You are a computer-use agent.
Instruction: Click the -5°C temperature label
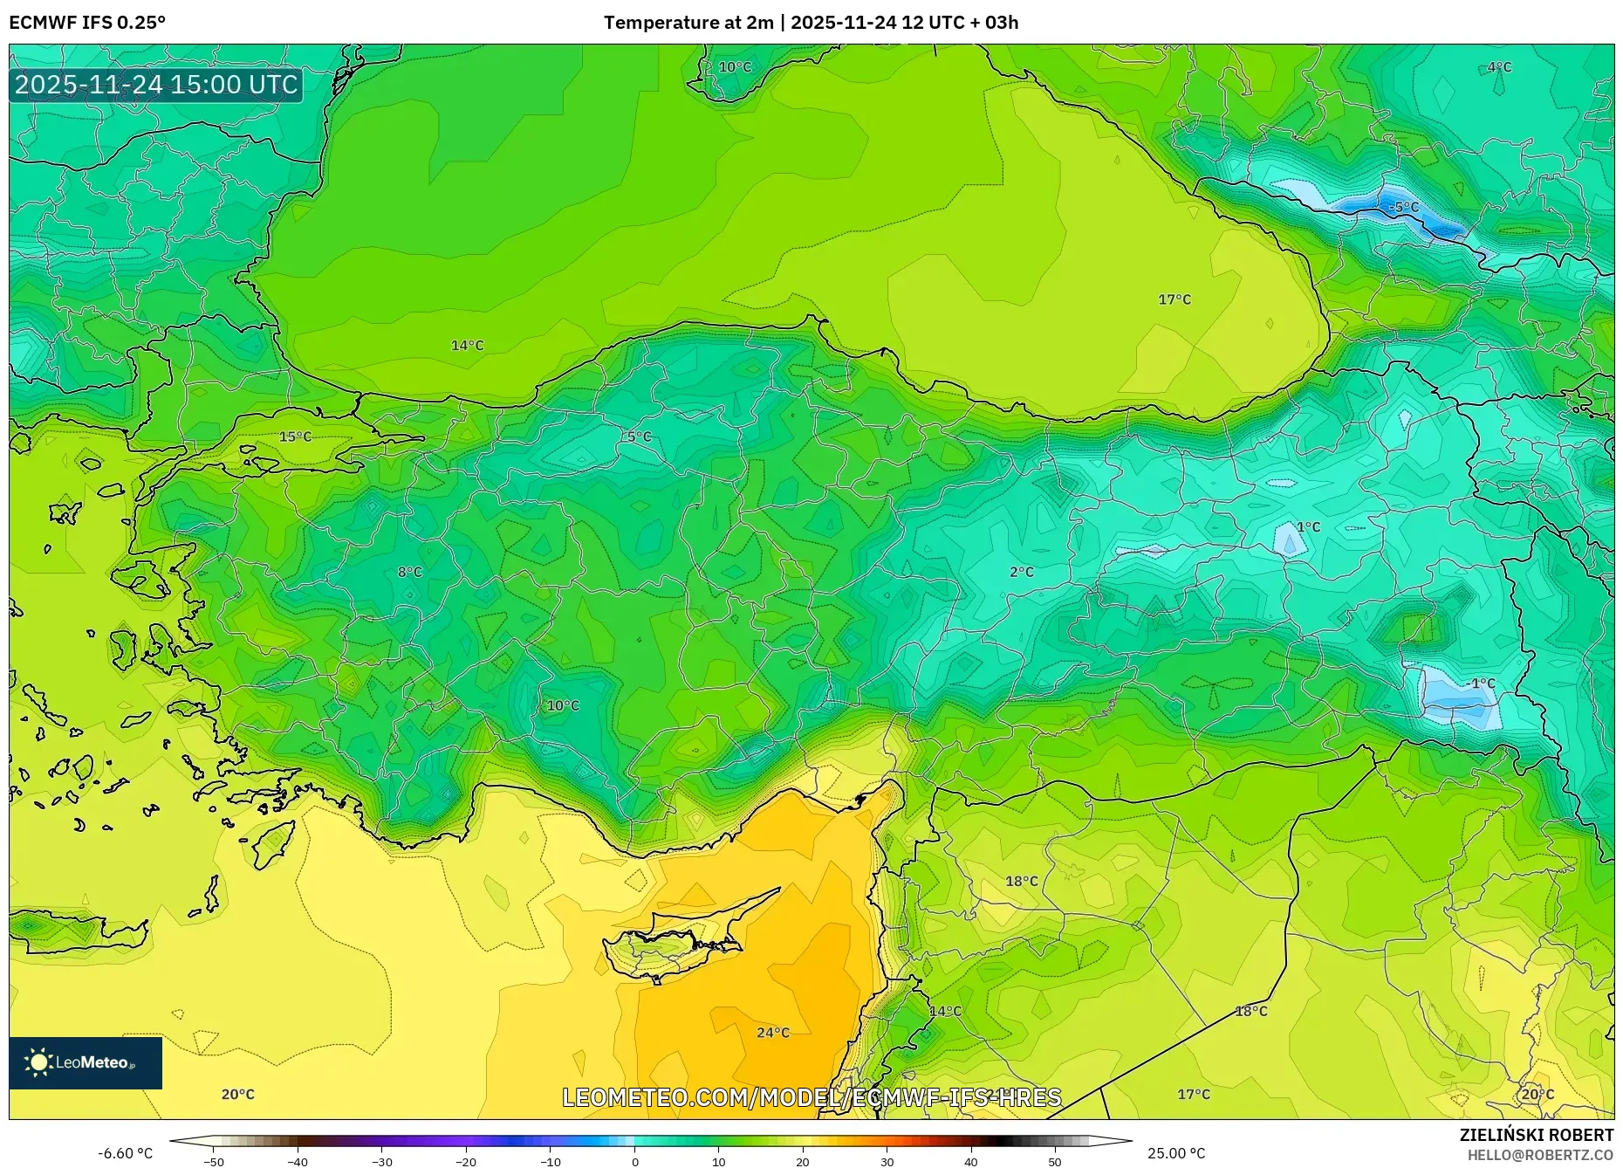tap(1403, 207)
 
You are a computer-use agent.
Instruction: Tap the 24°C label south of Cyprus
tap(772, 1033)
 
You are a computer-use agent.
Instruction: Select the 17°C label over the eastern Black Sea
tap(1174, 299)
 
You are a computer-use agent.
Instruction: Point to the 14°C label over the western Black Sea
tap(467, 346)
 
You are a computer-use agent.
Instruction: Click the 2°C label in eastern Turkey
tap(1021, 572)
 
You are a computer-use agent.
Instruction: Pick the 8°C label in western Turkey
tap(409, 572)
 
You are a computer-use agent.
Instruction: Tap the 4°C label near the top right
tap(1498, 67)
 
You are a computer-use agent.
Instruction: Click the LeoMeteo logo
tap(86, 1062)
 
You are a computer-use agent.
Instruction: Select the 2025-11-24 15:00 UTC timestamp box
tap(156, 85)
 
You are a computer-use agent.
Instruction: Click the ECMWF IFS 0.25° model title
tap(87, 23)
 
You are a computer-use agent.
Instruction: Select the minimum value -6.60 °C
tap(125, 1153)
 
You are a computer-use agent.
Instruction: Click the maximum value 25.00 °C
tap(1175, 1153)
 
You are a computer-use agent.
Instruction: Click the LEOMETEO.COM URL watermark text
tap(811, 1097)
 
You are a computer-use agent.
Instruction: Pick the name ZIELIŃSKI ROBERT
tap(1536, 1135)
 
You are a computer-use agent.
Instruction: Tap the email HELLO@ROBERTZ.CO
tap(1539, 1155)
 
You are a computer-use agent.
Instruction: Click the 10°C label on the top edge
tap(735, 67)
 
